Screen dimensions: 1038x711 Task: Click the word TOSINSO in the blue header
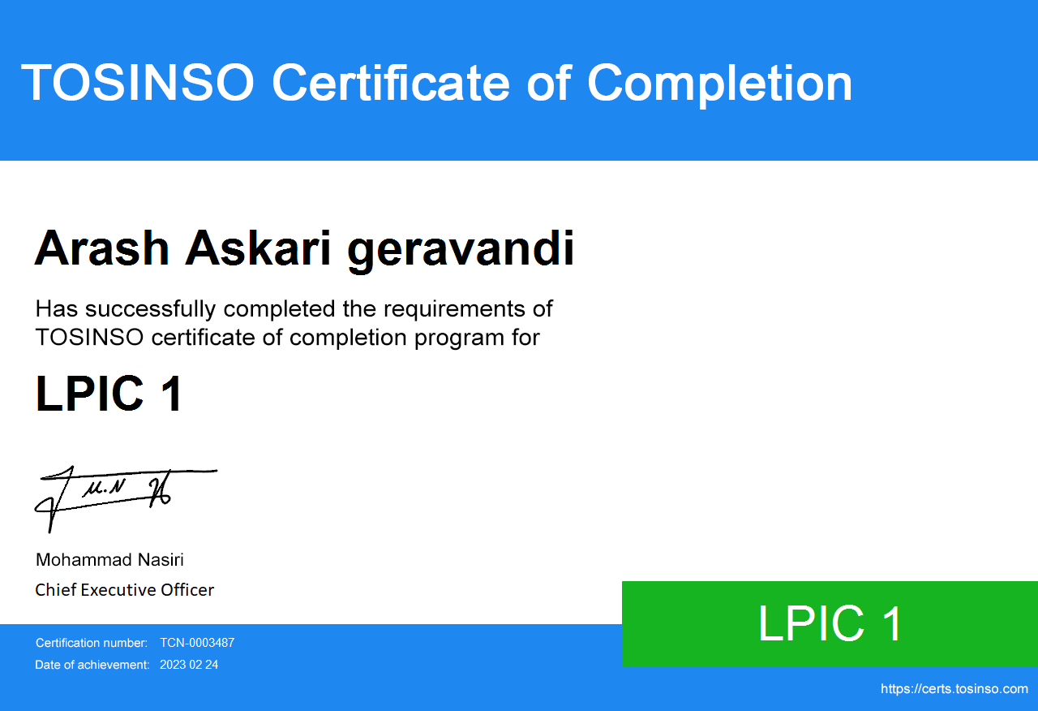point(138,82)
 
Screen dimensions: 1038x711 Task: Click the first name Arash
point(102,248)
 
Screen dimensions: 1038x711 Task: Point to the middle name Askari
point(258,248)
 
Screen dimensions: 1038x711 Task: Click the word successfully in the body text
point(151,310)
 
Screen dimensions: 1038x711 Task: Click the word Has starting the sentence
point(57,308)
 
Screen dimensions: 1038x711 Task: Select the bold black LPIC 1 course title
point(109,394)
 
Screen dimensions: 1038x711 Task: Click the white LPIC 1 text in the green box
point(830,623)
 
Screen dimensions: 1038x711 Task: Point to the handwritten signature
point(125,498)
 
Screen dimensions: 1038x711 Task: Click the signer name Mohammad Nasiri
point(109,560)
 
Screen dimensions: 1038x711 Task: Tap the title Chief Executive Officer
point(125,590)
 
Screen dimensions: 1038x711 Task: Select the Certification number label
point(92,643)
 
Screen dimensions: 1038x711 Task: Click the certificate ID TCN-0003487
point(197,643)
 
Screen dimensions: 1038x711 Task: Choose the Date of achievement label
point(92,665)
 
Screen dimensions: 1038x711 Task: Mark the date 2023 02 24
point(189,665)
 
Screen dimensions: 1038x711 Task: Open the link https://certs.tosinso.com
point(954,689)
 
